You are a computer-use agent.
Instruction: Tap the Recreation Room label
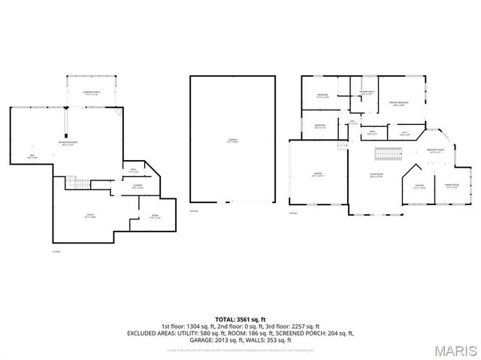tap(72, 143)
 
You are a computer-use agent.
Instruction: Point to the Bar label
tap(32, 156)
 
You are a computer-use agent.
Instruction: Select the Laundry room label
tap(138, 186)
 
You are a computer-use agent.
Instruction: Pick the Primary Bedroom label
tap(398, 102)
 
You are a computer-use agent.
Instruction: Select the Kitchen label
tap(419, 186)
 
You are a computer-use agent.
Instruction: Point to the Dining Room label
tap(451, 185)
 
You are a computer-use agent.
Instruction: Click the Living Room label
tap(376, 176)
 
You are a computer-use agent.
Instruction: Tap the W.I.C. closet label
tap(404, 134)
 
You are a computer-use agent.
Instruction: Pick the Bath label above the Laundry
tap(134, 170)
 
